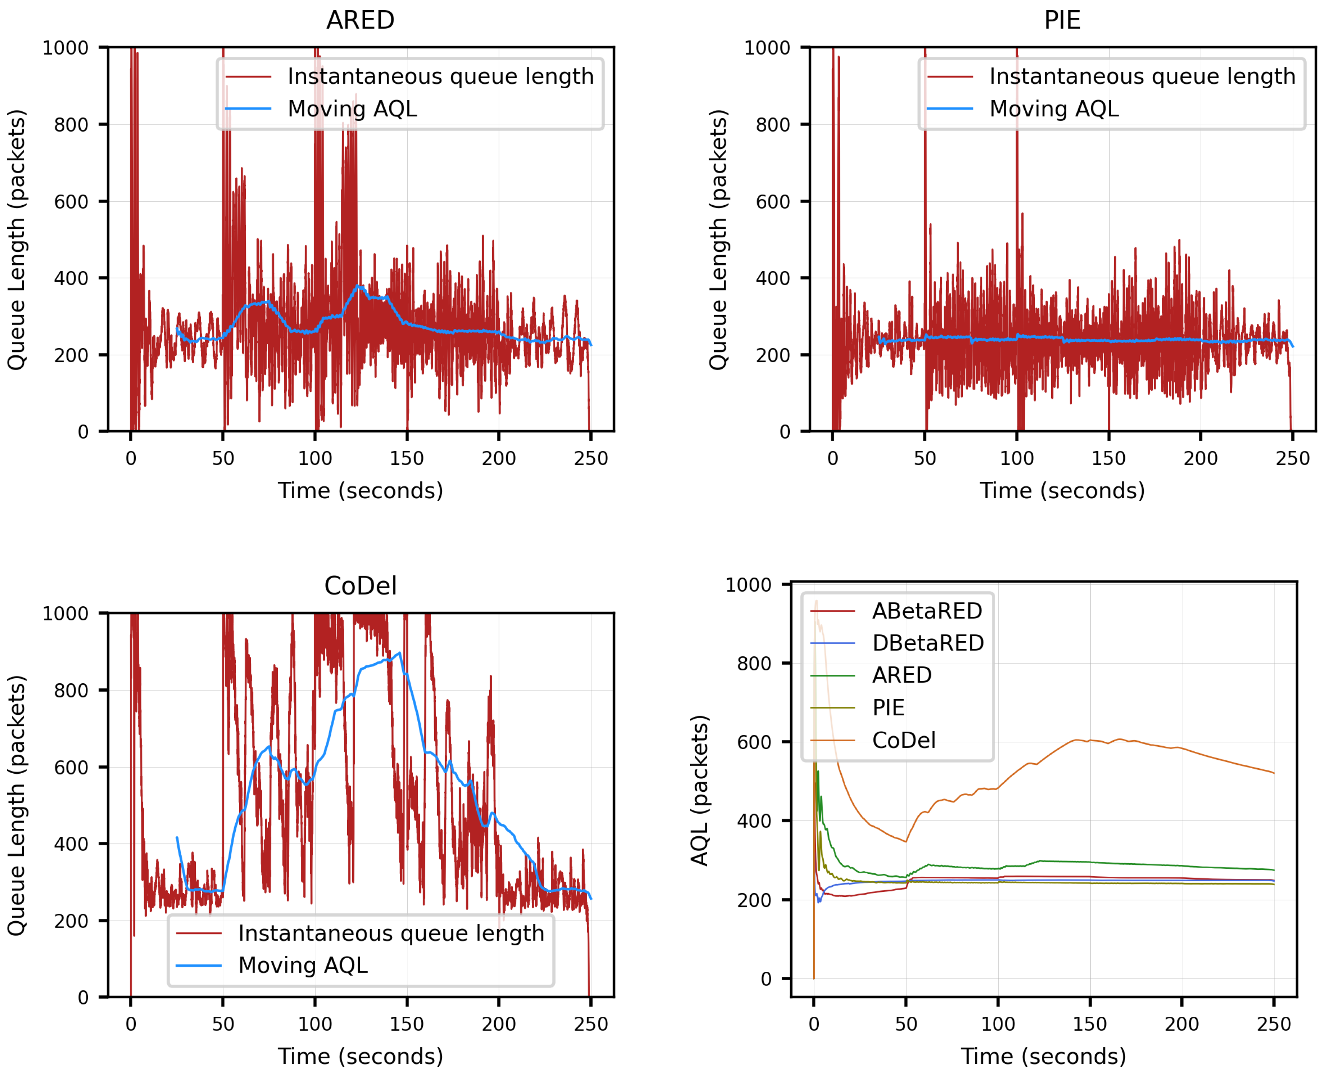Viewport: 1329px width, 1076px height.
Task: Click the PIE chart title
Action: [x=1062, y=21]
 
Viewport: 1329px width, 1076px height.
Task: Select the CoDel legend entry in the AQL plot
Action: [x=903, y=740]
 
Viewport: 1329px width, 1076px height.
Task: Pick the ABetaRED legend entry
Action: [x=927, y=611]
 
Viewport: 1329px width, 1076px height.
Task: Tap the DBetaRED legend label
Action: [x=928, y=643]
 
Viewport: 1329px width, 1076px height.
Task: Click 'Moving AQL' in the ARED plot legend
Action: [x=352, y=109]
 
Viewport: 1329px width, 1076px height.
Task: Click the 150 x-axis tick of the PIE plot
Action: [x=1108, y=459]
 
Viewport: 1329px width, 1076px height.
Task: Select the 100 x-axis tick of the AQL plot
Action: [x=997, y=1024]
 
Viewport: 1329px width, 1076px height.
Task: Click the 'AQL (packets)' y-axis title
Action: [x=699, y=790]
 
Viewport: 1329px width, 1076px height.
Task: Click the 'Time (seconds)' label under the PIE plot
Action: [x=1062, y=491]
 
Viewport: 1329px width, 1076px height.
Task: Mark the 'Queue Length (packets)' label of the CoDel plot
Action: [x=17, y=806]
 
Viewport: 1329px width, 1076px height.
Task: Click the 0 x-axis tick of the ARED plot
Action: [x=131, y=459]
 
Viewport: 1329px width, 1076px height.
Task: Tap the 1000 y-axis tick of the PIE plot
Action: [x=767, y=48]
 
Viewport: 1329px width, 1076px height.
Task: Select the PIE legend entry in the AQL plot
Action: [x=888, y=708]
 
